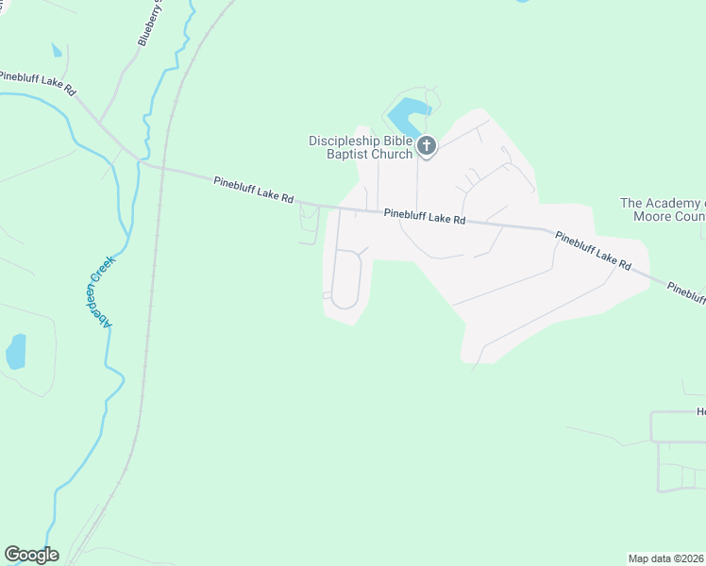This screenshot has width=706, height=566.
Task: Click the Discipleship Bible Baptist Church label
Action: point(361,147)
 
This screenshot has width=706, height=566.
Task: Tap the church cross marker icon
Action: point(427,146)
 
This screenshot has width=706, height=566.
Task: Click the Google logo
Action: point(31,555)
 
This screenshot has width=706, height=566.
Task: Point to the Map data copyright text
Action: point(666,558)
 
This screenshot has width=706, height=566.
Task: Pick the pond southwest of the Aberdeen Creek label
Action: point(16,352)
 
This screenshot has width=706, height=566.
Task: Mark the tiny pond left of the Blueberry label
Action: point(57,50)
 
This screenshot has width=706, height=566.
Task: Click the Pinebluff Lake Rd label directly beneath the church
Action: point(425,218)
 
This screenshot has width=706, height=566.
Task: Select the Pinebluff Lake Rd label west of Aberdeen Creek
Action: point(38,82)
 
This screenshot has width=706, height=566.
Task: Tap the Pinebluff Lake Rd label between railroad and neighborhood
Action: point(254,190)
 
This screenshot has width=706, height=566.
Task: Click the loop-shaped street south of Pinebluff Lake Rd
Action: point(346,279)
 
